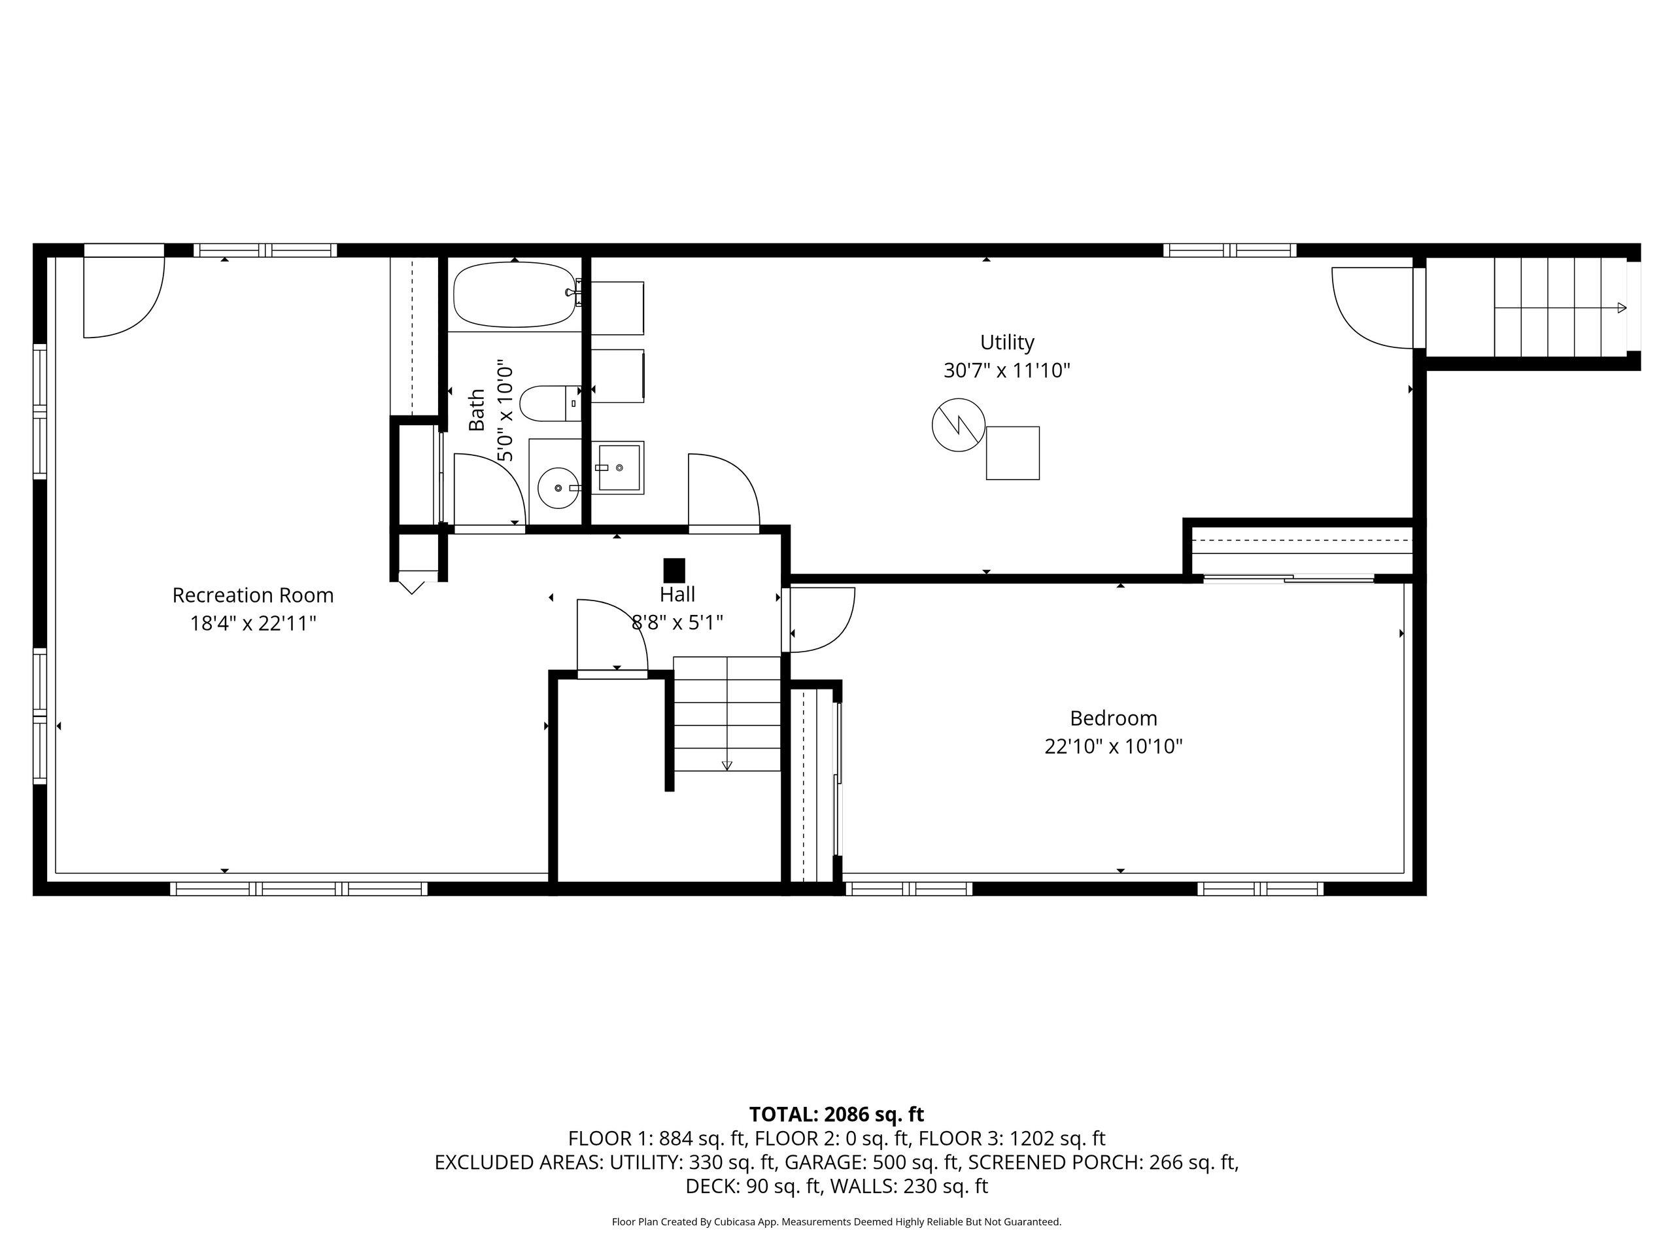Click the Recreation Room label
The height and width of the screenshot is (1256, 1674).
(x=253, y=595)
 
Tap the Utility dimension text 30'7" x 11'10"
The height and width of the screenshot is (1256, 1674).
(x=1006, y=371)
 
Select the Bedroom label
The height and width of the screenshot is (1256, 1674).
(x=1113, y=718)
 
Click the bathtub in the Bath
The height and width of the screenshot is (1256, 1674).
(x=515, y=294)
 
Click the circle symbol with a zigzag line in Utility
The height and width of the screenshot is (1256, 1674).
(x=958, y=425)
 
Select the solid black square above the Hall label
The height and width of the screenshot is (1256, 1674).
(x=674, y=569)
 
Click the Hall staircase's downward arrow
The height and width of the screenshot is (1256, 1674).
(x=726, y=765)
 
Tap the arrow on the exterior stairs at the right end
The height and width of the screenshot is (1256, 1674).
(x=1621, y=307)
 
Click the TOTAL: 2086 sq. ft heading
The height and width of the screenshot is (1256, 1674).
(x=836, y=1115)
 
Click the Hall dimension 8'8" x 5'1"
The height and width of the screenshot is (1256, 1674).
(x=677, y=622)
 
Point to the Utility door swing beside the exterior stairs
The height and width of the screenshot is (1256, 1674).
(x=1371, y=307)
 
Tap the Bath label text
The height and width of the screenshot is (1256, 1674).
(x=477, y=410)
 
